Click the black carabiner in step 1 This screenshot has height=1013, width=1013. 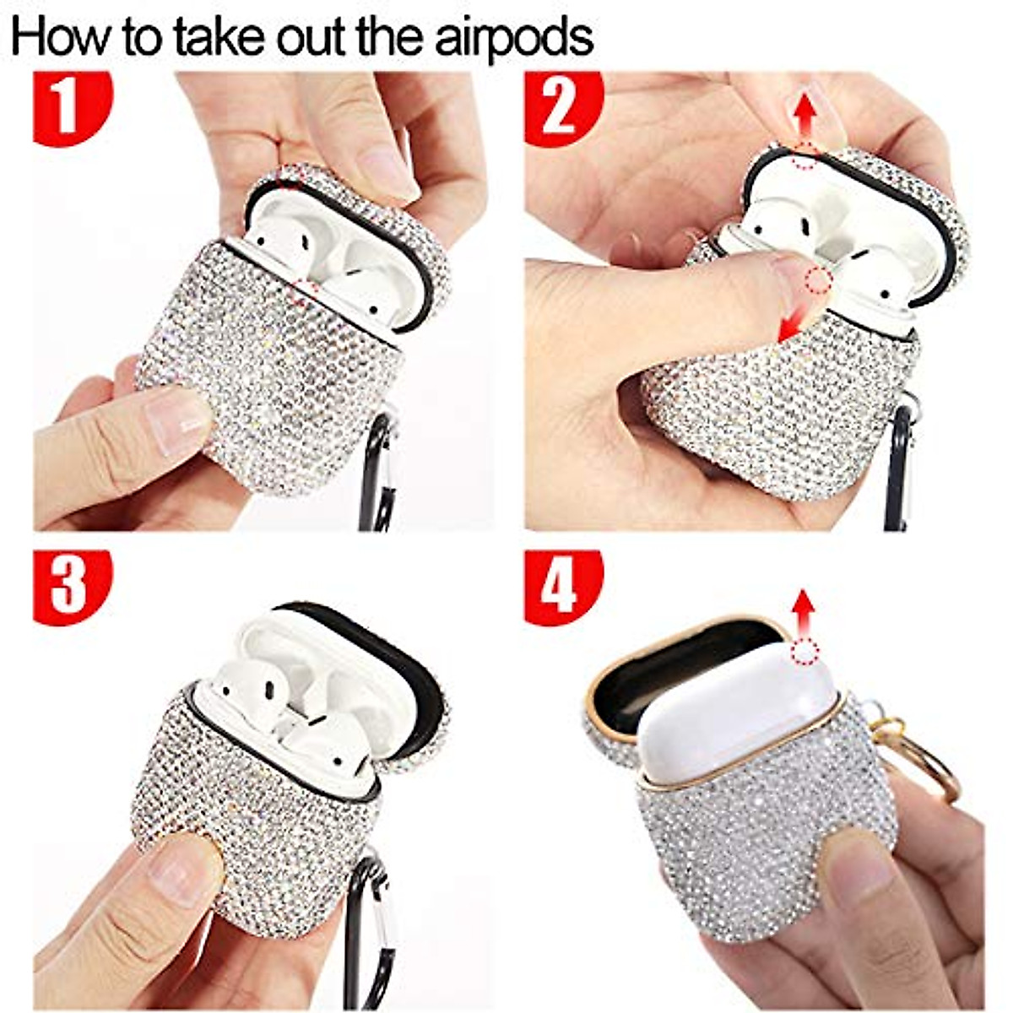376,473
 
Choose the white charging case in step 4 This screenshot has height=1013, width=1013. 734,709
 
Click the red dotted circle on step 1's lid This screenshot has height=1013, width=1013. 291,177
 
